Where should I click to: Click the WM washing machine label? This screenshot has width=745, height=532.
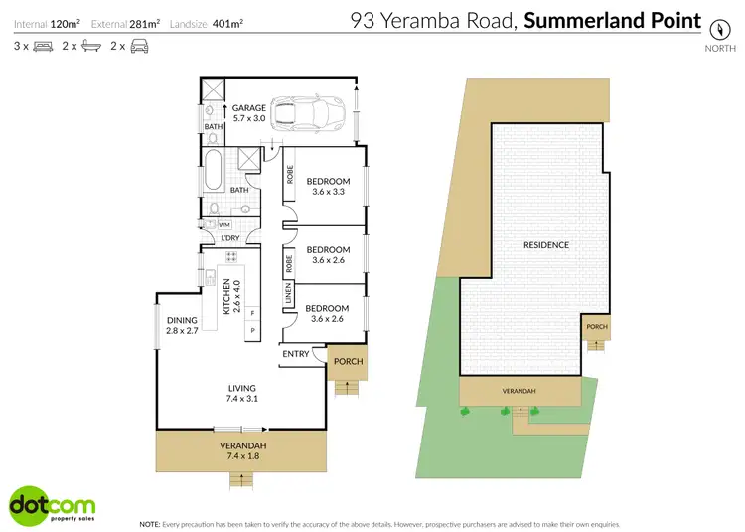(223, 226)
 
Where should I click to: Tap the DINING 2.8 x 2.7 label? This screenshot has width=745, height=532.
(184, 324)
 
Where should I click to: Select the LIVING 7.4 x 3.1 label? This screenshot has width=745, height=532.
(241, 394)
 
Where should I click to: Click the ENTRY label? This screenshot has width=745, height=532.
(296, 355)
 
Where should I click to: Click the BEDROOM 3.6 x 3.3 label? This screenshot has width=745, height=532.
(330, 186)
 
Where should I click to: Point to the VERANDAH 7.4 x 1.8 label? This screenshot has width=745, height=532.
(242, 451)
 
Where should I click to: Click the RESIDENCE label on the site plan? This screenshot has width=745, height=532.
(546, 245)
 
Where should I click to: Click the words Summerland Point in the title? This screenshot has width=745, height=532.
(612, 21)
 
